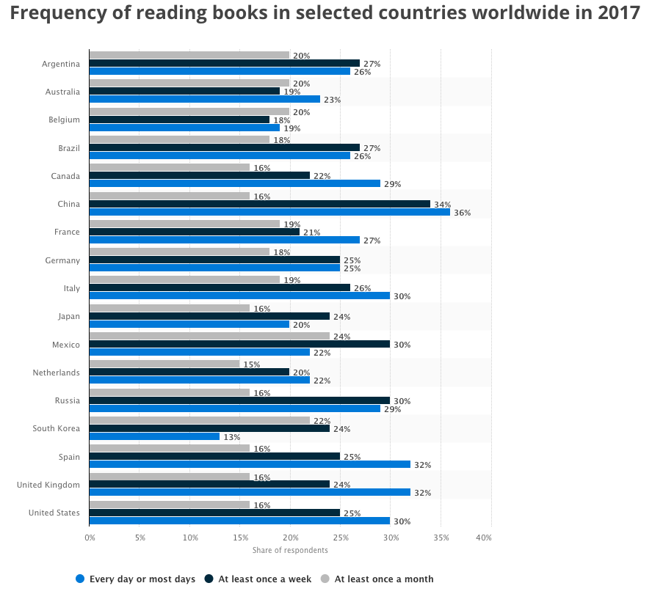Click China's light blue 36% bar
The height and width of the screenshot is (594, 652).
click(269, 213)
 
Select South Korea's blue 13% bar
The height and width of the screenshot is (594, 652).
click(154, 436)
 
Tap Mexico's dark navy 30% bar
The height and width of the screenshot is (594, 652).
click(239, 344)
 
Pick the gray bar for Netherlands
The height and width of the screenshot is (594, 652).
click(164, 364)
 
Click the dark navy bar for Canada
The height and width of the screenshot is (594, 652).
click(199, 175)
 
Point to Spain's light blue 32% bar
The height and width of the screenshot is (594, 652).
click(250, 464)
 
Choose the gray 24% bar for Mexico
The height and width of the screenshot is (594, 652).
click(209, 337)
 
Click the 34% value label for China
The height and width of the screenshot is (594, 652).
click(442, 205)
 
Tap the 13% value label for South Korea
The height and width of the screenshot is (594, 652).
click(232, 437)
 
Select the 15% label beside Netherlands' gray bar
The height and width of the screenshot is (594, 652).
click(252, 364)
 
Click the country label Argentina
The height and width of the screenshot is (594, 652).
click(61, 64)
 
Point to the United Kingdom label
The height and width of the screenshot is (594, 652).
click(48, 485)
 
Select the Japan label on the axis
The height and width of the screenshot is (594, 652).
click(70, 316)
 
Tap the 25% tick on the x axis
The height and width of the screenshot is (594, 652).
click(340, 538)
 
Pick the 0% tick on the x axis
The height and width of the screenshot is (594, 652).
click(90, 538)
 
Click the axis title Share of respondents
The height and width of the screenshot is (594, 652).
click(290, 550)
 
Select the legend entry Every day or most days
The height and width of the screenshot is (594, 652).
click(136, 579)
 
